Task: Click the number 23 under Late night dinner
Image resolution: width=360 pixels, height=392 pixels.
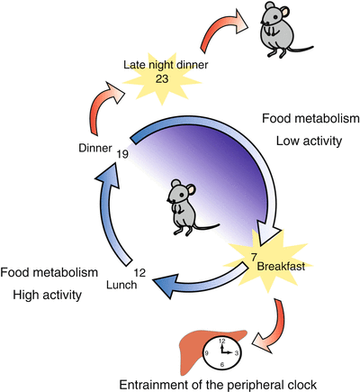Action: pyautogui.click(x=162, y=78)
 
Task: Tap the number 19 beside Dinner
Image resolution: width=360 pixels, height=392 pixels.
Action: pyautogui.click(x=122, y=154)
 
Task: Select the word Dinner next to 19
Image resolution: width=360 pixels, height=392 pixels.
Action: pyautogui.click(x=95, y=148)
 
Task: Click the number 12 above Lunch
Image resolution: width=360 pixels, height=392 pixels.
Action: pyautogui.click(x=139, y=273)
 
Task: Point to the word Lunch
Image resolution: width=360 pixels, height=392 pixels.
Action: pyautogui.click(x=121, y=285)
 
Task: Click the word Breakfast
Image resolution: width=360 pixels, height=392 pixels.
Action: pyautogui.click(x=282, y=267)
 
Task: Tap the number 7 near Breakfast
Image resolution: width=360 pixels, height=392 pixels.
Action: pyautogui.click(x=254, y=258)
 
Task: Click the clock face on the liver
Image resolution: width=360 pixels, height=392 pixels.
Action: pyautogui.click(x=222, y=352)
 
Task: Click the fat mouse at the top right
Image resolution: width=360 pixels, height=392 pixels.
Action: pyautogui.click(x=277, y=30)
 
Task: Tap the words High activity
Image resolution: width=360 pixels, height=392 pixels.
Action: pyautogui.click(x=47, y=295)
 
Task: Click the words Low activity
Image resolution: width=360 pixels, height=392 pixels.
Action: pyautogui.click(x=309, y=141)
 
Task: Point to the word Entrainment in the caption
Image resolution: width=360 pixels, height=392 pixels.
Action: pyautogui.click(x=158, y=385)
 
